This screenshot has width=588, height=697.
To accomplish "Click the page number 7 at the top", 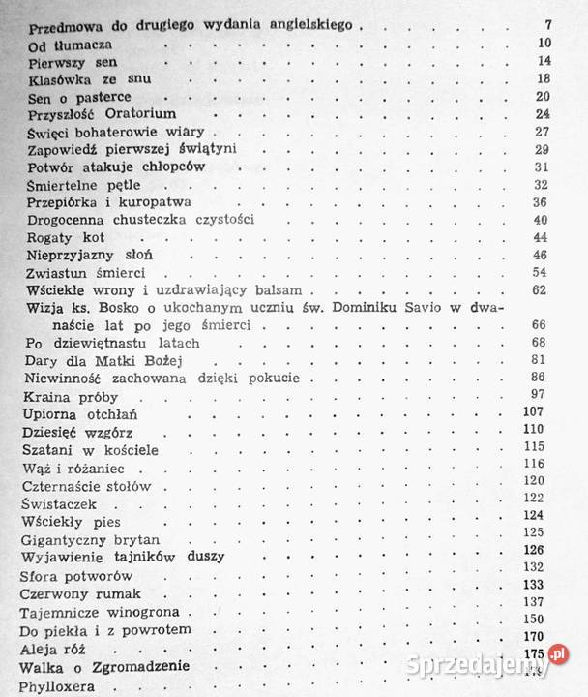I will [546, 24].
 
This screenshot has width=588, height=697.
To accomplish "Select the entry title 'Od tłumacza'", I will [71, 45].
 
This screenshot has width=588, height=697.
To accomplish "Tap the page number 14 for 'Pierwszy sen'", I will [544, 61].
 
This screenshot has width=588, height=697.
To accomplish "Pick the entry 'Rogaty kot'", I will [64, 237].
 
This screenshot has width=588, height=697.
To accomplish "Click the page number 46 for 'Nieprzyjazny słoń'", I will [541, 255].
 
